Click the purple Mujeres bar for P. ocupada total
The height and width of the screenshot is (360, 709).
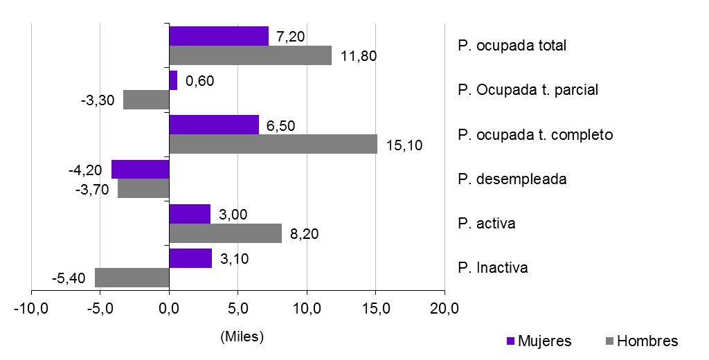point(219,36)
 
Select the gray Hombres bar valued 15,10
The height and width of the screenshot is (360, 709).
point(273,144)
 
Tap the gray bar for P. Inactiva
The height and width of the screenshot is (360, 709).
point(132,278)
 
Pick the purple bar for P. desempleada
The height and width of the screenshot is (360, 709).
point(141,170)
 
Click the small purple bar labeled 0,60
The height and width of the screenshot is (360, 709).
point(173,80)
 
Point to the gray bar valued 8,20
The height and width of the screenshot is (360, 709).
point(226,233)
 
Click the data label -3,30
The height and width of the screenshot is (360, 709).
point(97,100)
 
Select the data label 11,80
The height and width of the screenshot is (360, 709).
point(357,56)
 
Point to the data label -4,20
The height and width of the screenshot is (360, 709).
point(86,170)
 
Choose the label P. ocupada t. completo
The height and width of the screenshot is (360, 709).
point(535,134)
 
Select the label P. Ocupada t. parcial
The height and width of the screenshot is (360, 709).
point(528,90)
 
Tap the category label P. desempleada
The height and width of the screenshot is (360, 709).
point(512,179)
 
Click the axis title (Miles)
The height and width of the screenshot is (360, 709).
point(242,337)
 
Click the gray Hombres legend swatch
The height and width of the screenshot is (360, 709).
point(609,341)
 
